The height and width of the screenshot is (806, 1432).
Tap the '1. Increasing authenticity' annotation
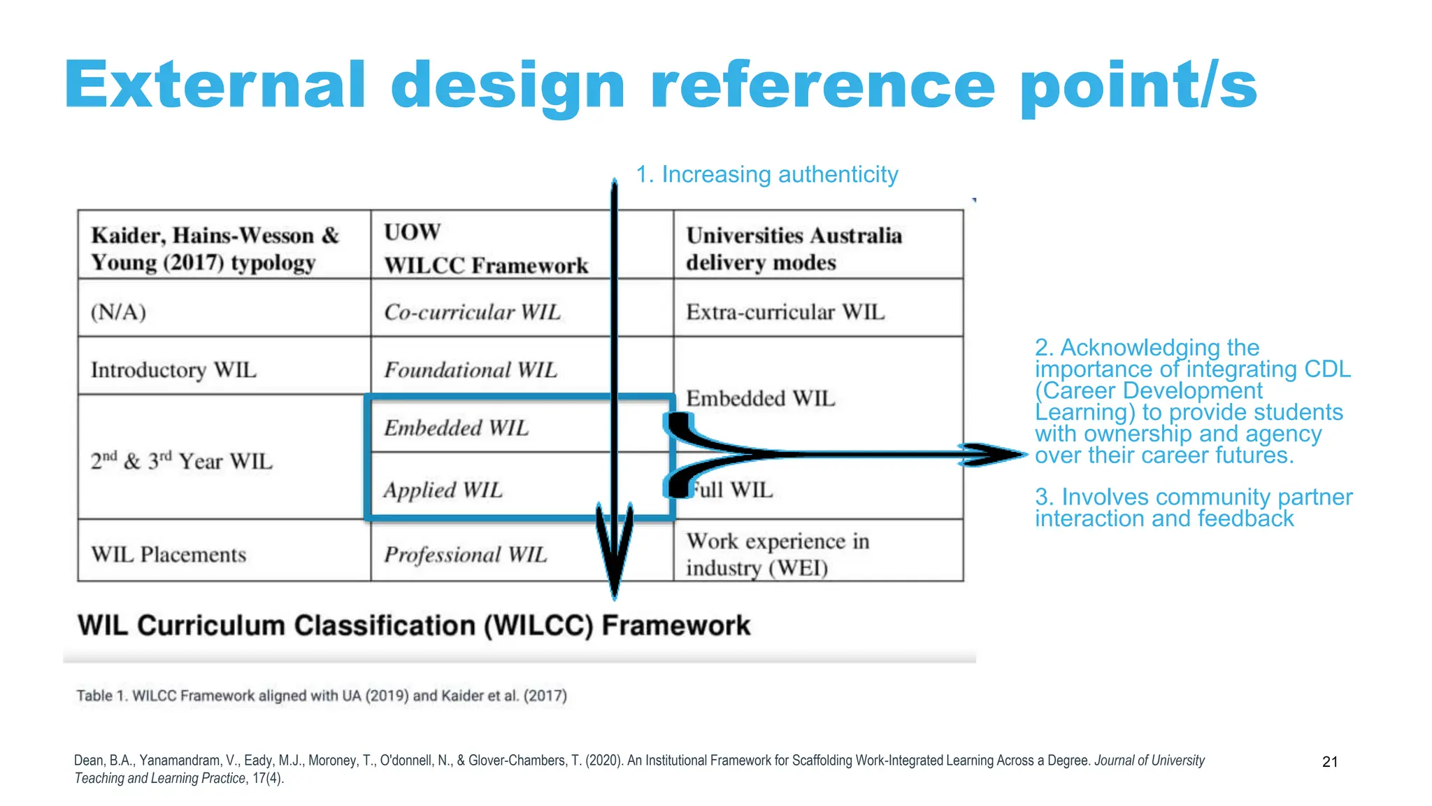point(766,174)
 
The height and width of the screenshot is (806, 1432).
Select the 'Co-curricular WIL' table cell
point(473,312)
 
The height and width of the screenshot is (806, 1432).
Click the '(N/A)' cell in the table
point(119,311)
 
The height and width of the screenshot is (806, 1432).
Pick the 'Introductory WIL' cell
point(173,369)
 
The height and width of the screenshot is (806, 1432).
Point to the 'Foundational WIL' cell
point(471,369)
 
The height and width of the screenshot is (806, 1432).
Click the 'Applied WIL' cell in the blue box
point(443,490)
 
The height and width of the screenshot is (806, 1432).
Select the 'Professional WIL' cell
point(466,555)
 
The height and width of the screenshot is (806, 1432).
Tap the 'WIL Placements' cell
point(169,555)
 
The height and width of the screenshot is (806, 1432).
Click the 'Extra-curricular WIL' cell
point(785,312)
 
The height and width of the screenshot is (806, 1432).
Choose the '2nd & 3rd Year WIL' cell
point(182,461)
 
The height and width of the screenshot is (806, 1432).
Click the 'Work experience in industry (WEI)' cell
point(778,554)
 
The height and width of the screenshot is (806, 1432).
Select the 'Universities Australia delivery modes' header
point(794,248)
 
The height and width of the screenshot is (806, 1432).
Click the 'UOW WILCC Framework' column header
point(486,248)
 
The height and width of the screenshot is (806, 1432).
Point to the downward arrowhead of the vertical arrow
point(614,560)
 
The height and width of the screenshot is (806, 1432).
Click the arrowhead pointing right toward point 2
point(996,455)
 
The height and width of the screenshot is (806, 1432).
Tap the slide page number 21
point(1330,762)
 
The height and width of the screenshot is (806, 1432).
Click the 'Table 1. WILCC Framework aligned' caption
point(321,696)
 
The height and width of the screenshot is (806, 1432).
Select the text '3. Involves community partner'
point(1194,497)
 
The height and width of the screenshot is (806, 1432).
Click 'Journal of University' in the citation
point(1150,761)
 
